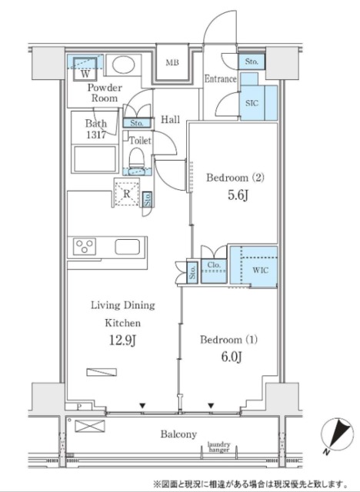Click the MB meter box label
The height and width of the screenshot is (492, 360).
point(172,62)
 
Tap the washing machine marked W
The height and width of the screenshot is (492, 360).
point(85,69)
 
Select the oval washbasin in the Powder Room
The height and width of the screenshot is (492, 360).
point(123,65)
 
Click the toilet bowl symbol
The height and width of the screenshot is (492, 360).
point(137,158)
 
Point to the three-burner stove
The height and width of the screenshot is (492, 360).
point(85,246)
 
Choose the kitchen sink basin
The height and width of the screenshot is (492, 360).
point(127,247)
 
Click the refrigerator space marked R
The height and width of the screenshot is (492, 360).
point(126,193)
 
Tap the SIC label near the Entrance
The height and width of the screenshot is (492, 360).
point(252,102)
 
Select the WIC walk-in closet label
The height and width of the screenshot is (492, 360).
point(261,270)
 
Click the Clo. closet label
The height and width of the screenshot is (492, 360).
point(214,264)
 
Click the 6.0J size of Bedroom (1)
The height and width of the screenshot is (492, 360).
point(232,357)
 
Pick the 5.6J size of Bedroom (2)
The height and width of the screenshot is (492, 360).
point(238,195)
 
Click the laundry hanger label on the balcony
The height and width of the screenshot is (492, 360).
point(218,447)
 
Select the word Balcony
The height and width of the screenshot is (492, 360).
point(178,434)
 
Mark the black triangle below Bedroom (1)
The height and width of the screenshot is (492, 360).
point(211,406)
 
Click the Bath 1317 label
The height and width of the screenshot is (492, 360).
point(96,128)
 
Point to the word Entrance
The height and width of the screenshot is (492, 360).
point(220,78)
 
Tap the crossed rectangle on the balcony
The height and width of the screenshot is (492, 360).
point(90,426)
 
